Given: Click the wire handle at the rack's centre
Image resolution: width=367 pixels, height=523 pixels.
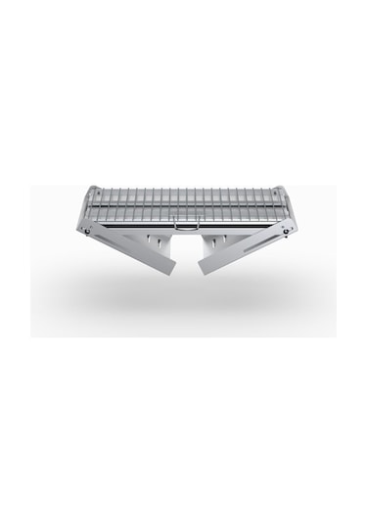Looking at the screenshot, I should pos(183,225).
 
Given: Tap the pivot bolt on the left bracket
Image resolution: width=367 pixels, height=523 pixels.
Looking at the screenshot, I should pos(88,232).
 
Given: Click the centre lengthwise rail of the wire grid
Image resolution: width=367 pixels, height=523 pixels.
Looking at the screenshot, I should pos(183,206).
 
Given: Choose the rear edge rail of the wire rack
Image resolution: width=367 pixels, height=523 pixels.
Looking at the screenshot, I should pos(183,190).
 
